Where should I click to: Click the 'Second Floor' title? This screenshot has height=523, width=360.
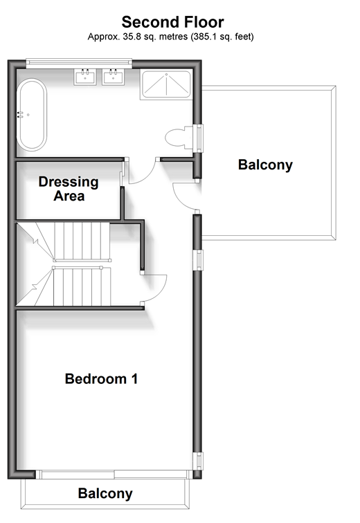click(x=172, y=22)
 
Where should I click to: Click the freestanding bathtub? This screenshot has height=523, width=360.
click(x=32, y=115)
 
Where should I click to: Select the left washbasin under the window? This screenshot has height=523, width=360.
click(x=85, y=77)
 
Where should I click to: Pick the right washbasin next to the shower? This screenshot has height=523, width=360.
click(x=113, y=77)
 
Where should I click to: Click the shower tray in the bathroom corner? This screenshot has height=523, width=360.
click(x=166, y=84)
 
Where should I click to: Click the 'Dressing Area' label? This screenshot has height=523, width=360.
click(x=69, y=189)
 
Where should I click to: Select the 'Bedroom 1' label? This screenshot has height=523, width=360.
click(x=102, y=379)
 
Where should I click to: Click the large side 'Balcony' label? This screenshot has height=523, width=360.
click(x=265, y=165)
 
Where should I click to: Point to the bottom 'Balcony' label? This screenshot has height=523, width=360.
click(x=105, y=494)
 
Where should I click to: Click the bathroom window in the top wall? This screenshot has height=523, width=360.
click(x=79, y=63)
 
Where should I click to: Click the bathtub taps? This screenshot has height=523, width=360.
click(x=21, y=115)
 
